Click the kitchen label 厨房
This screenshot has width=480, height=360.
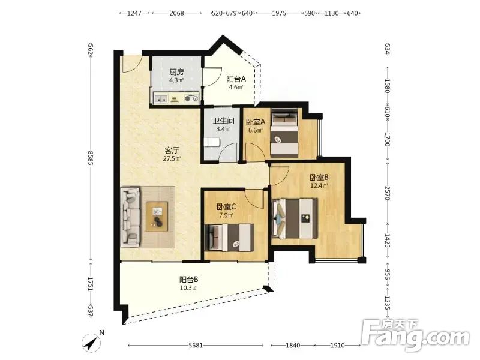tap(176, 72)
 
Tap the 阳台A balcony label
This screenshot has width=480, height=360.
tap(236, 79)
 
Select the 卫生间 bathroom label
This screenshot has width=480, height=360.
tap(223, 121)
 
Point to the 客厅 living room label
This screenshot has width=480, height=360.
tap(172, 151)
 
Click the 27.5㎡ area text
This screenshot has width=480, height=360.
tap(172, 158)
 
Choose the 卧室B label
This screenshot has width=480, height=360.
tap(319, 177)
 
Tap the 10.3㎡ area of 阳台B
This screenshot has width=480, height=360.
tap(188, 288)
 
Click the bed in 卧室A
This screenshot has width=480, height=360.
tap(284, 133)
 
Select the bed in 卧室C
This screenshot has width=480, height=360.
tap(230, 238)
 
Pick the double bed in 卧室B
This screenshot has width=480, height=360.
tap(295, 218)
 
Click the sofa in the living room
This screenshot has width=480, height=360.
tap(131, 217)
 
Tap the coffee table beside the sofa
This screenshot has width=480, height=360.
tap(157, 217)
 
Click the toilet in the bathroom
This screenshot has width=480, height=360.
tap(212, 143)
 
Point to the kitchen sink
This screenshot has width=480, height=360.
tap(161, 98)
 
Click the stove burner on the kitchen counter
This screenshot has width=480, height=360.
tap(187, 98)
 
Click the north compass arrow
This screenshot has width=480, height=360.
tap(91, 343)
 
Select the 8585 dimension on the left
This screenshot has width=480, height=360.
tap(91, 158)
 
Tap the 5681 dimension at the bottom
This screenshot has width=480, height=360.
tap(196, 346)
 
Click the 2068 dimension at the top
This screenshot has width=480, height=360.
tap(176, 13)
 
